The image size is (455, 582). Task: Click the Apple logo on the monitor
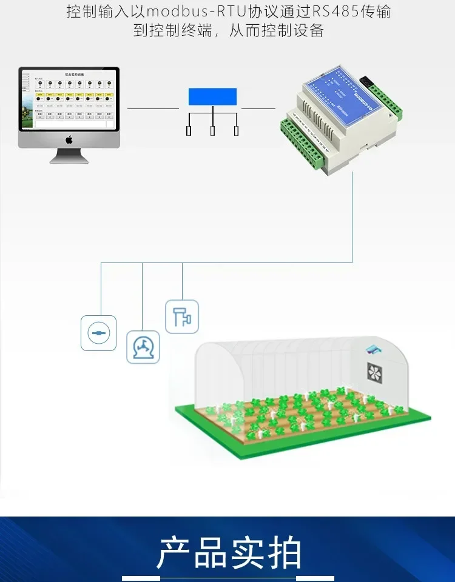pyautogui.click(x=69, y=140)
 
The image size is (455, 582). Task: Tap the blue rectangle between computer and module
pyautogui.click(x=212, y=97)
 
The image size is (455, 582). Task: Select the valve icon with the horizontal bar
pyautogui.click(x=98, y=332)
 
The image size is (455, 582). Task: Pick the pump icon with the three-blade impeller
pyautogui.click(x=143, y=347)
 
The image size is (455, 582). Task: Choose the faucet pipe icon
pyautogui.click(x=182, y=316)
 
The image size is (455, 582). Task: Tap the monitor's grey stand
pyautogui.click(x=69, y=156)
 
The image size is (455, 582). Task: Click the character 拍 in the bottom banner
pyautogui.click(x=283, y=552)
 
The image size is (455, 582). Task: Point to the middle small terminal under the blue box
pyautogui.click(x=212, y=130)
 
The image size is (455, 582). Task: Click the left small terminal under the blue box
pyautogui.click(x=189, y=130)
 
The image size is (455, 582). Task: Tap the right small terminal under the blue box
pyautogui.click(x=236, y=130)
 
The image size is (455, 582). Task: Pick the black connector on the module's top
pyautogui.click(x=366, y=81)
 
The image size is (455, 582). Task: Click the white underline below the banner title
pyautogui.click(x=227, y=578)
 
